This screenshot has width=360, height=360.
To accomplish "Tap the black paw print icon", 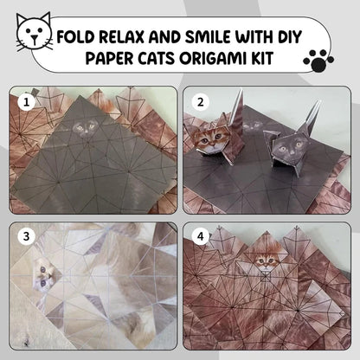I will click(x=318, y=59).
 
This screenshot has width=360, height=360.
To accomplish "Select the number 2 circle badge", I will click(x=202, y=102).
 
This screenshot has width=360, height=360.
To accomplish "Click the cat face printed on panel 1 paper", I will click(x=84, y=129).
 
